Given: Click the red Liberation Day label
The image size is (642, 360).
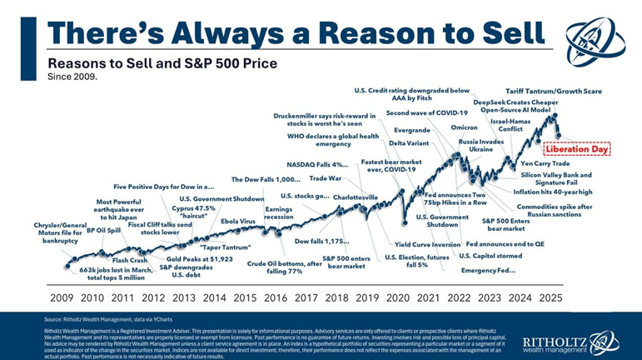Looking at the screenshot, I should point(577,149).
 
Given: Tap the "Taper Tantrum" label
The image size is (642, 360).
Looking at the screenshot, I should point(227,247).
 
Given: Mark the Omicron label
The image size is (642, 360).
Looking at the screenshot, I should point(465,127).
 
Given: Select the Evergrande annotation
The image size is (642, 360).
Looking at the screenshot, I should point(412,131).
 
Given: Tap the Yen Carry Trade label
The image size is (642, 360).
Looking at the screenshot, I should point(545,164).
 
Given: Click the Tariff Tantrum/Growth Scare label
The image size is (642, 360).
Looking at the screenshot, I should point(555,89).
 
